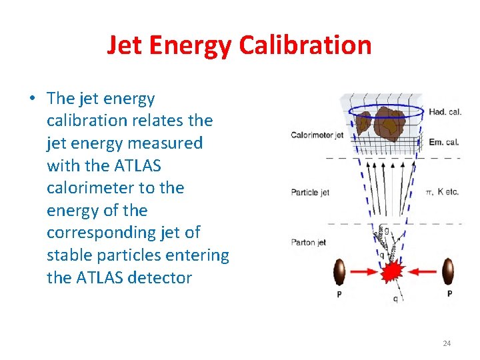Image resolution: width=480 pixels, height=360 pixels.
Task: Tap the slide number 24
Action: (446, 343)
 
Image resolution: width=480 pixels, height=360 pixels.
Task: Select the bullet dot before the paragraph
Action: (32, 99)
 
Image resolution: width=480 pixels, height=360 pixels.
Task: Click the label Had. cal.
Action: (445, 112)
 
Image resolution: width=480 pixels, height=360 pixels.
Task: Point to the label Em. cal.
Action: (445, 141)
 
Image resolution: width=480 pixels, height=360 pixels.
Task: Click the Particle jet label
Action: (310, 193)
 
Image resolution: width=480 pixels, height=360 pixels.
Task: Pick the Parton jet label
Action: (308, 243)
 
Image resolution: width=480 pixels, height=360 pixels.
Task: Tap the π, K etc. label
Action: (443, 193)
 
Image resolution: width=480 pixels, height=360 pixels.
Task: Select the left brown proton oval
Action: (339, 272)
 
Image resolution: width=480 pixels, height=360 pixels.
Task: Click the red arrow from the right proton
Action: (423, 272)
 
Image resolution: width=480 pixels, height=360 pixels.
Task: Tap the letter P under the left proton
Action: (339, 294)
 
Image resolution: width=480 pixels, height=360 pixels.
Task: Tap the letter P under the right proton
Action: (449, 294)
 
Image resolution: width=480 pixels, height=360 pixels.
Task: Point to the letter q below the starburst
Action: (395, 299)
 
